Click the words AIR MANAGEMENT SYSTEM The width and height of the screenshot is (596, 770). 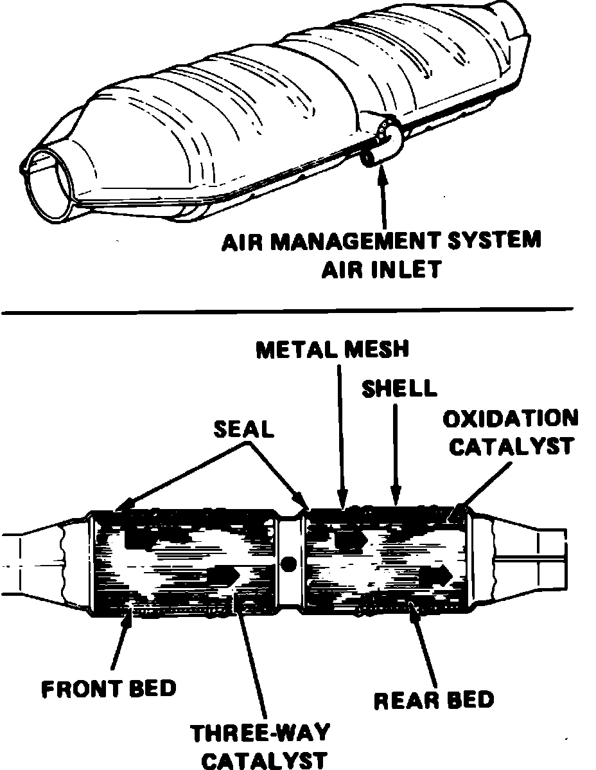click(x=381, y=242)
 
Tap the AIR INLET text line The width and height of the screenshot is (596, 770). click(x=381, y=268)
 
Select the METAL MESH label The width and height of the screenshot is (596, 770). click(x=332, y=350)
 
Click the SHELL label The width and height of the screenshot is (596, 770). click(x=399, y=388)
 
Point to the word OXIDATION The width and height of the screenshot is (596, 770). click(x=511, y=418)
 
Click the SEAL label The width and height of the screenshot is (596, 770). click(x=244, y=429)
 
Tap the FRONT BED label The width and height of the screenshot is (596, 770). click(x=109, y=689)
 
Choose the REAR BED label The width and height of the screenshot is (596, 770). click(x=434, y=699)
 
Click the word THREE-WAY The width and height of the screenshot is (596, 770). click(x=261, y=733)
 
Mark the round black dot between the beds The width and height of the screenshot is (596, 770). click(x=289, y=564)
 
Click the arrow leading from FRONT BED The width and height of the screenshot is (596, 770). click(x=121, y=643)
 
